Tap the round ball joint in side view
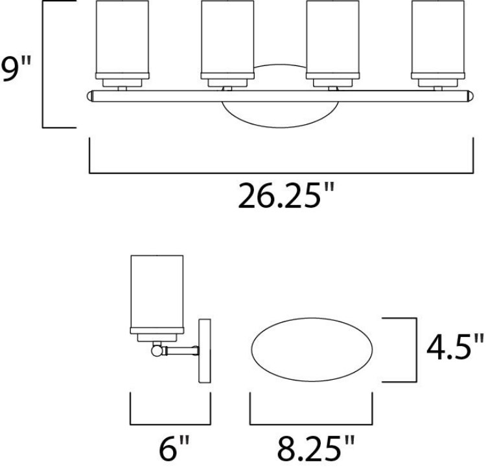[x=156, y=351]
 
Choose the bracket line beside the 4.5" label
[x=413, y=349]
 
